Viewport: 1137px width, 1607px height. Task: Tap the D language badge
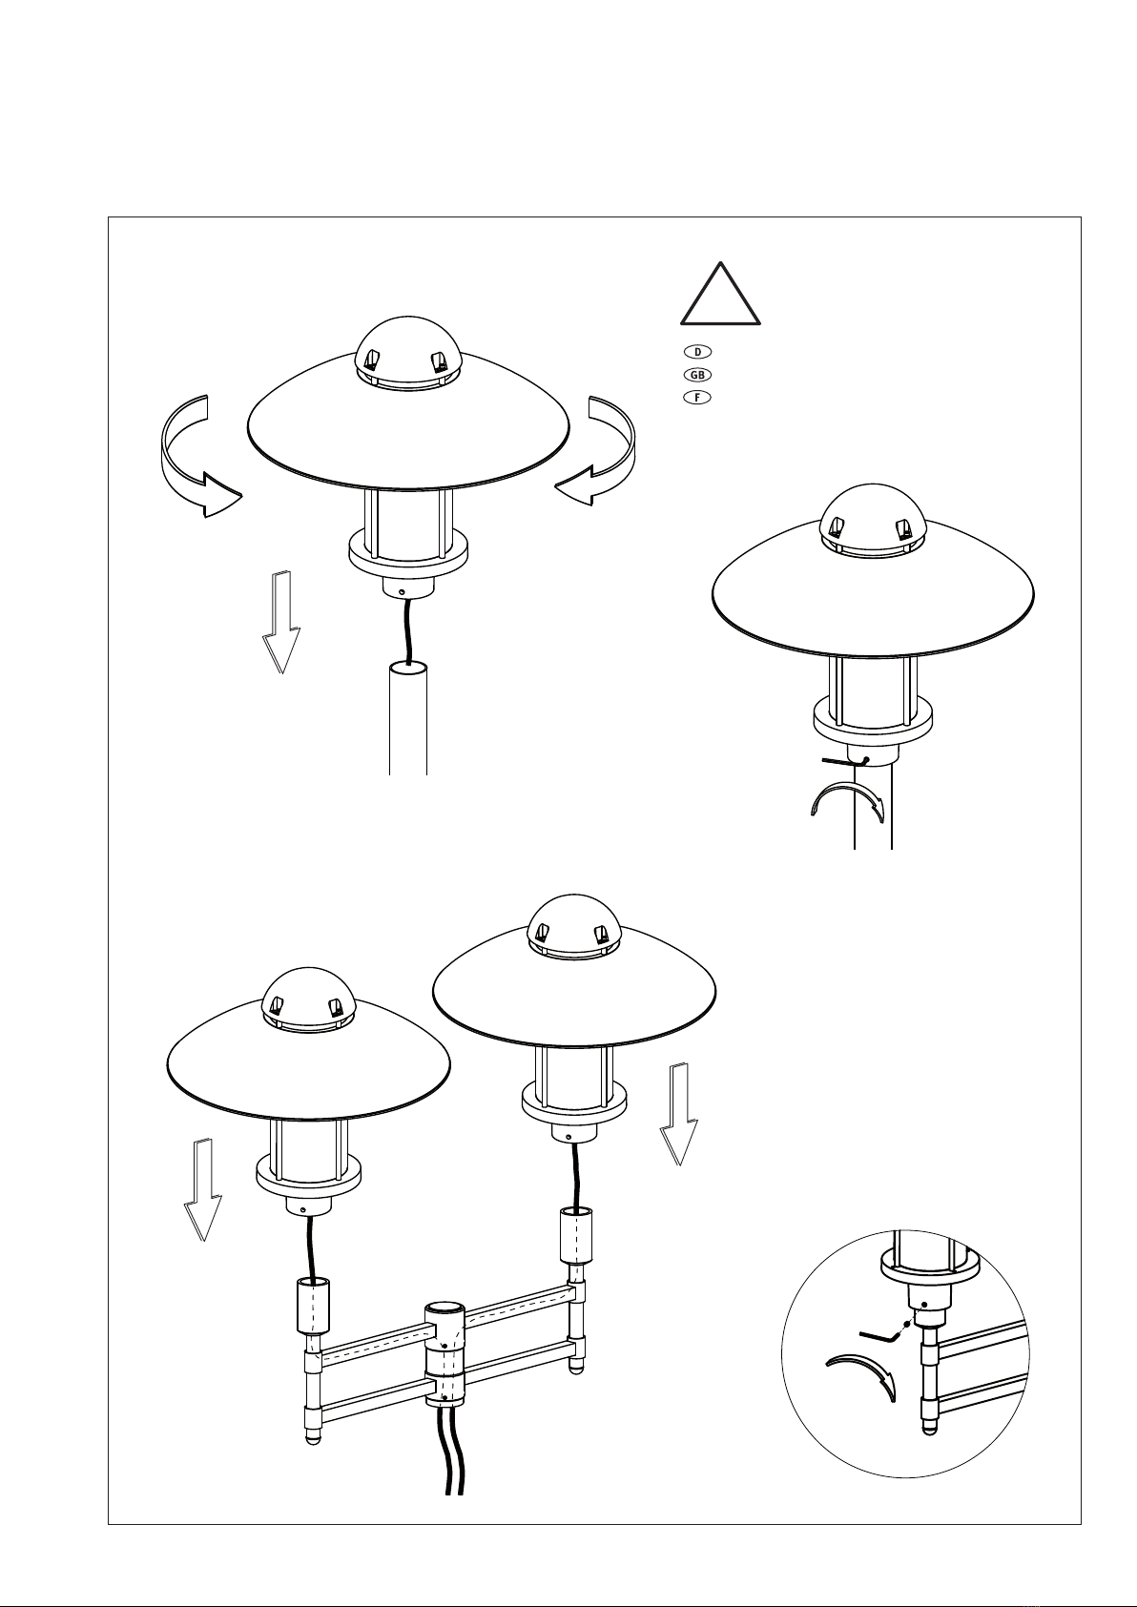click(697, 352)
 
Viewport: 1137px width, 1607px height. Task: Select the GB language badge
click(697, 375)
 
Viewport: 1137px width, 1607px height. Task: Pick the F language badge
click(697, 398)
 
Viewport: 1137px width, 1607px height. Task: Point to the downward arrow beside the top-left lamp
click(281, 622)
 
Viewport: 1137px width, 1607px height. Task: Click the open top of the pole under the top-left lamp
click(408, 669)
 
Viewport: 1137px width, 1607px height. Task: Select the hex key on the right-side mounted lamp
click(846, 761)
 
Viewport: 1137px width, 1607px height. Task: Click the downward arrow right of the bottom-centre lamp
click(678, 1113)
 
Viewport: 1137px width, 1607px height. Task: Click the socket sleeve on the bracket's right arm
click(575, 1235)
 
